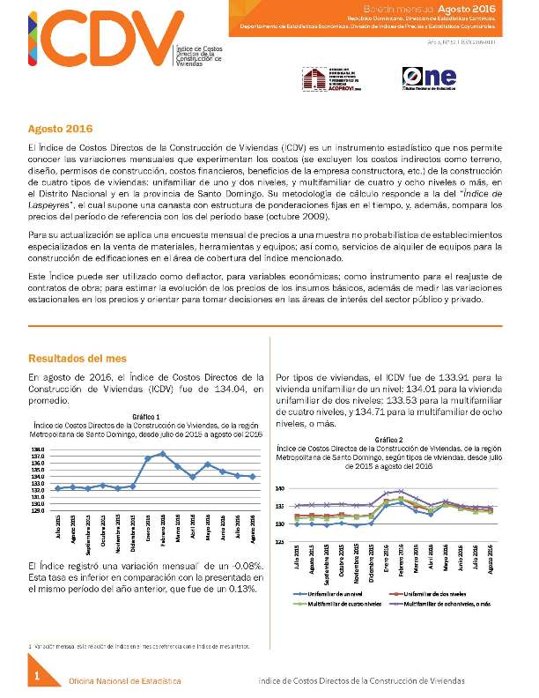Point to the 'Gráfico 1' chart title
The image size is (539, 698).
click(x=145, y=416)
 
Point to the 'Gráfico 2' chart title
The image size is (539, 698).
click(x=388, y=439)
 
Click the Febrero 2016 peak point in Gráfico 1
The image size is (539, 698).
click(x=163, y=453)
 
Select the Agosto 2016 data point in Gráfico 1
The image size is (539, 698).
click(x=254, y=476)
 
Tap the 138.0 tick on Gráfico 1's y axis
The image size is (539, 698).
click(x=38, y=450)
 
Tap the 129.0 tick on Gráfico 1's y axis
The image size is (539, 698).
click(x=38, y=509)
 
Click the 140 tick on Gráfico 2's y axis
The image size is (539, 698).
click(x=279, y=488)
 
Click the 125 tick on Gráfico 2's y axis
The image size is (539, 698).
click(x=279, y=541)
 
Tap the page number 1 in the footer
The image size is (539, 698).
click(x=37, y=676)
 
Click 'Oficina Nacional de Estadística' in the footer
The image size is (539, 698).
click(x=125, y=681)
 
